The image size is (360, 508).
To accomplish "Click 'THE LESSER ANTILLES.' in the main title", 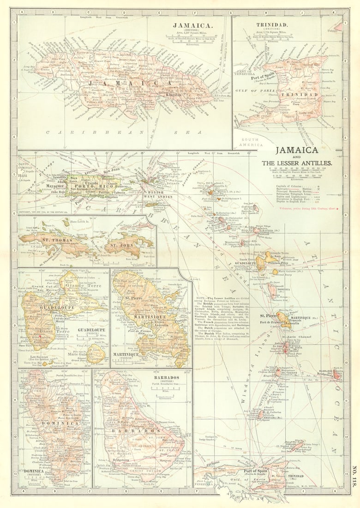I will pos(297,163).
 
